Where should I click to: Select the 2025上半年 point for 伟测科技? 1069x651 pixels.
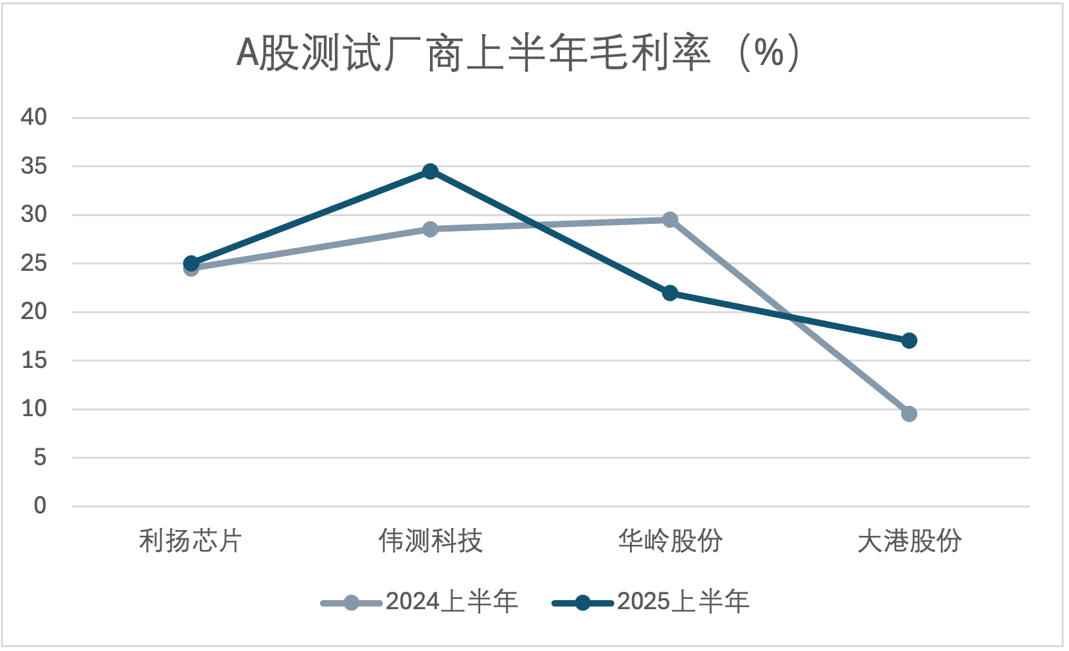point(430,171)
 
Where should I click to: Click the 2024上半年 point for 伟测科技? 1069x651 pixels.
point(430,229)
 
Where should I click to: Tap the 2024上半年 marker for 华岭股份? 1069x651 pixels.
point(670,220)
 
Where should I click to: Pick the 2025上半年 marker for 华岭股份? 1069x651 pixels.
point(670,293)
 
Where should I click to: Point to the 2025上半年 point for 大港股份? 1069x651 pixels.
point(909,340)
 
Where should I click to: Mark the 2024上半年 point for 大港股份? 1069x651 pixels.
point(909,414)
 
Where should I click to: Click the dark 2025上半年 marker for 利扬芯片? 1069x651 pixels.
point(191,263)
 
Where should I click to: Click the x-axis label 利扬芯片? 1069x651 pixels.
point(190,541)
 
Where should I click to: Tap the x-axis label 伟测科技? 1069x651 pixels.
point(430,541)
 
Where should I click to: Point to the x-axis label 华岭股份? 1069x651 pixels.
point(670,541)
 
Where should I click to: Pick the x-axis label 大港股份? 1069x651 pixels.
point(909,541)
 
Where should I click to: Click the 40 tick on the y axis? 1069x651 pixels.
point(34,117)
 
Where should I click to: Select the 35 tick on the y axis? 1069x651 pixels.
point(34,166)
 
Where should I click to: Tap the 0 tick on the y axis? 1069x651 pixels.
point(40,506)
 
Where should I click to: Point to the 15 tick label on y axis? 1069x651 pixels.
point(34,360)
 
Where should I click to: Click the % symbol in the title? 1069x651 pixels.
point(769,53)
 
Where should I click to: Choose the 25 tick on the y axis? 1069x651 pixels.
point(34,263)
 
